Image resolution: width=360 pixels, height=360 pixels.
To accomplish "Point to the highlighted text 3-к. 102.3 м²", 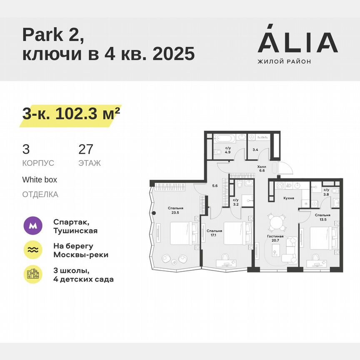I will coord(69,114).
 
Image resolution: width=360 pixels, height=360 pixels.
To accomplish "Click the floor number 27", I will coord(86,149).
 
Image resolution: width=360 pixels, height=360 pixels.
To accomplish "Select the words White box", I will coord(40,180).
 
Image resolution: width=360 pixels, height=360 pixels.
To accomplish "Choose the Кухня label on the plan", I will coord(289,198).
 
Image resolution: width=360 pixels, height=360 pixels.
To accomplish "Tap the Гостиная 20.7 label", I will coord(275,239).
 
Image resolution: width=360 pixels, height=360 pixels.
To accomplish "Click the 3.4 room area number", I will coord(255,149).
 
